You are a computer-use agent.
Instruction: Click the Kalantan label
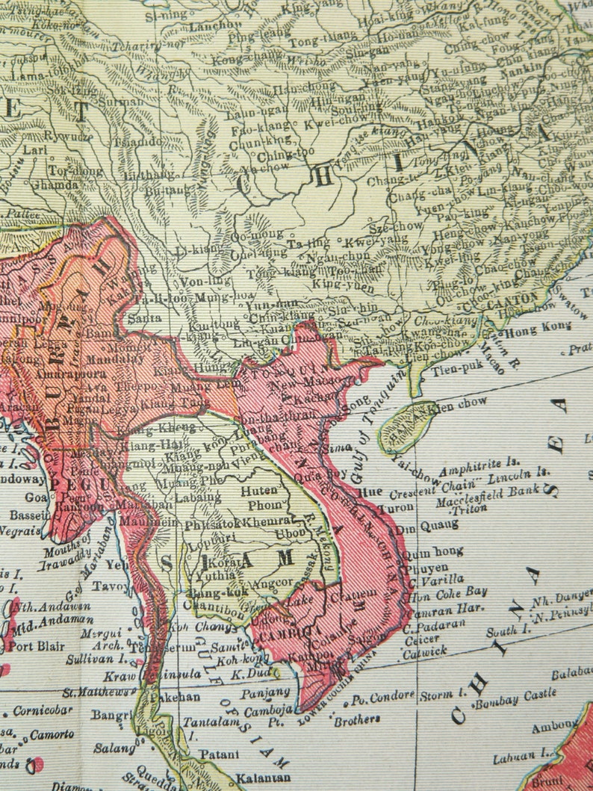click(x=262, y=778)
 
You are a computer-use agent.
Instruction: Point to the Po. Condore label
click(x=383, y=698)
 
